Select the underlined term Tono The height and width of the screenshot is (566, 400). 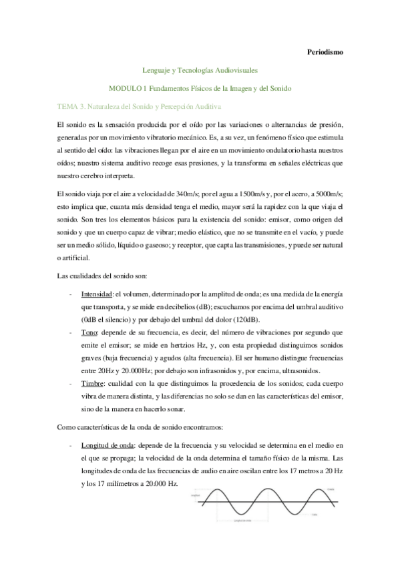click(x=89, y=332)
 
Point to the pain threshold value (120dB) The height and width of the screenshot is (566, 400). click(x=244, y=319)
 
